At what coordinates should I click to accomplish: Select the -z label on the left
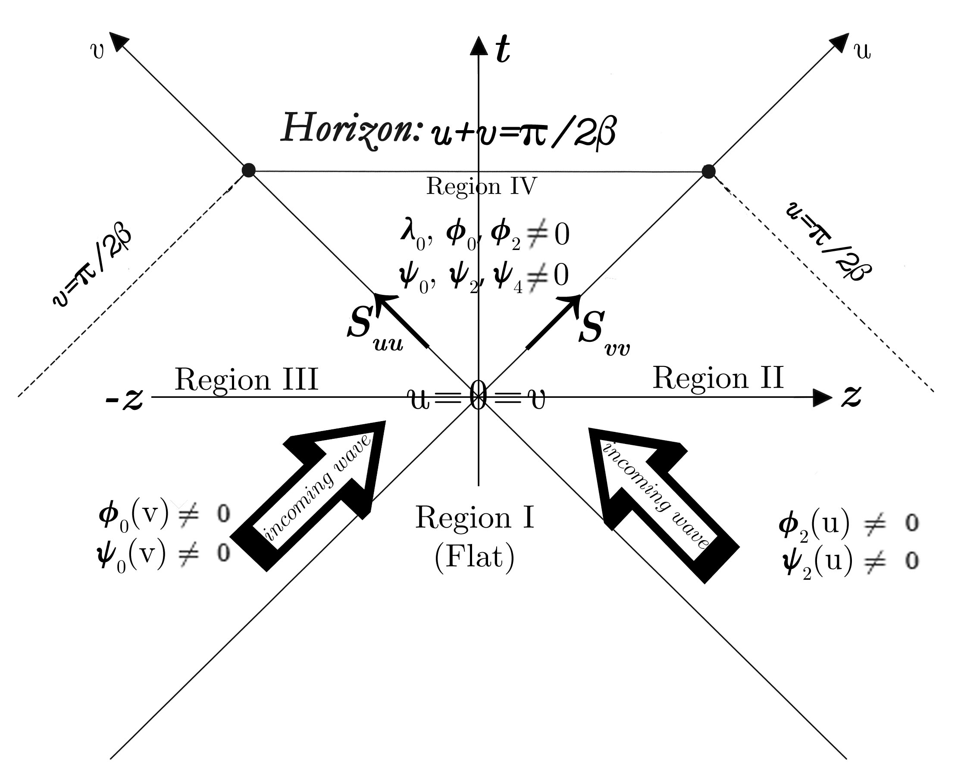click(x=124, y=398)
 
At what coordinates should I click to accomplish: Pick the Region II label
click(x=718, y=378)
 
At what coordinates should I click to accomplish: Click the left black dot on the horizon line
click(x=249, y=170)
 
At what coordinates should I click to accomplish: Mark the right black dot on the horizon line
click(x=708, y=171)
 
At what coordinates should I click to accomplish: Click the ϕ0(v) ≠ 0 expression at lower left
click(x=164, y=515)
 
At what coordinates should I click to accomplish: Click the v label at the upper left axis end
click(x=97, y=51)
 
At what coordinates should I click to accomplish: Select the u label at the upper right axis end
click(x=863, y=51)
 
